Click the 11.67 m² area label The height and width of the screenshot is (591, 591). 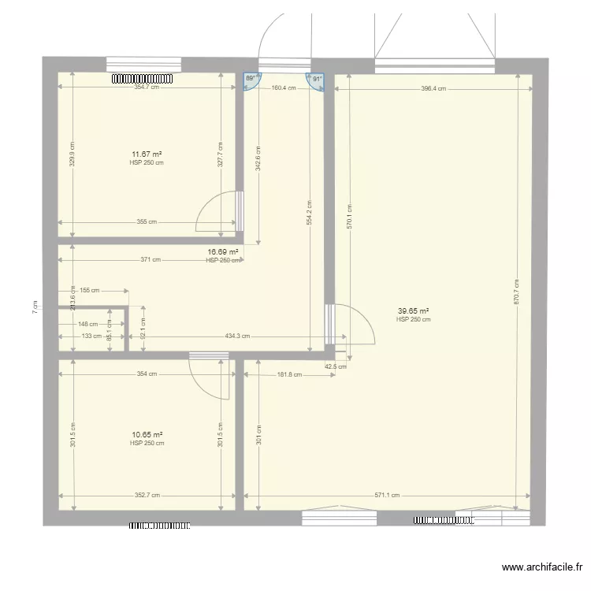pyautogui.click(x=147, y=154)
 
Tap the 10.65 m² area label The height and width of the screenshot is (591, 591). pyautogui.click(x=147, y=434)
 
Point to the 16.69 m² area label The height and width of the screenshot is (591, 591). pyautogui.click(x=222, y=252)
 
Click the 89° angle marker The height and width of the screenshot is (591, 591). pyautogui.click(x=251, y=80)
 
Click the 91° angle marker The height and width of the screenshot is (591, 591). pyautogui.click(x=316, y=80)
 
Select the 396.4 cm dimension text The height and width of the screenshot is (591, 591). pyautogui.click(x=433, y=89)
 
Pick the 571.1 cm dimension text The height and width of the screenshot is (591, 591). pyautogui.click(x=386, y=496)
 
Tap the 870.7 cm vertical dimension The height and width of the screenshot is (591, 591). pyautogui.click(x=517, y=292)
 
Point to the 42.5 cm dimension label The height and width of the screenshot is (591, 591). pyautogui.click(x=336, y=366)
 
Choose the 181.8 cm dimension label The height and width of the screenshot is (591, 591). pyautogui.click(x=289, y=374)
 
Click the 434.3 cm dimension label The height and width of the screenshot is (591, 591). pyautogui.click(x=237, y=336)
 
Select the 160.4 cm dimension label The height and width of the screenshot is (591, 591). pyautogui.click(x=283, y=88)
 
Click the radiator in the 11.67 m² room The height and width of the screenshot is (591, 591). pyautogui.click(x=141, y=79)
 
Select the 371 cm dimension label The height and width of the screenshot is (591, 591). pyautogui.click(x=151, y=259)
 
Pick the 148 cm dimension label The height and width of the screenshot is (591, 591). pyautogui.click(x=88, y=323)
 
